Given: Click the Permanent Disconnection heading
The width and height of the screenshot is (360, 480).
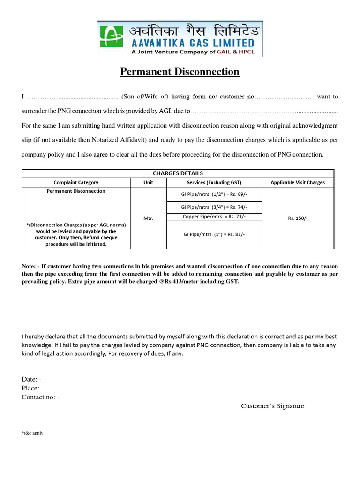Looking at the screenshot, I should pyautogui.click(x=180, y=72).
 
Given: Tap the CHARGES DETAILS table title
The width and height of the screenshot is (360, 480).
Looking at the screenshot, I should pyautogui.click(x=178, y=173).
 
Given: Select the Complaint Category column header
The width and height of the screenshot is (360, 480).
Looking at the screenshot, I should pyautogui.click(x=76, y=182).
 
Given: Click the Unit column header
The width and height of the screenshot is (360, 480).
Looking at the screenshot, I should pyautogui.click(x=149, y=182).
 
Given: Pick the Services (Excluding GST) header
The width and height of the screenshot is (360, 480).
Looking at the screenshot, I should pyautogui.click(x=214, y=182).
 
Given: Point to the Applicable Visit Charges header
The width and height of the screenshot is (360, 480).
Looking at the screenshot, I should pyautogui.click(x=298, y=182).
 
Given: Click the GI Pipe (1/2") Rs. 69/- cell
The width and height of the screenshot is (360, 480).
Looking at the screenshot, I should pyautogui.click(x=214, y=194).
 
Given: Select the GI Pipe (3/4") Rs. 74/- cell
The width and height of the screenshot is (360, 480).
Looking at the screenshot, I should pyautogui.click(x=214, y=207).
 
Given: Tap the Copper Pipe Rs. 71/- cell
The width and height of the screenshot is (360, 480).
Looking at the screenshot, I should pyautogui.click(x=214, y=216).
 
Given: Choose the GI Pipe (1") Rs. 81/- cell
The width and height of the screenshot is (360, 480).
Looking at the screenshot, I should pyautogui.click(x=214, y=234).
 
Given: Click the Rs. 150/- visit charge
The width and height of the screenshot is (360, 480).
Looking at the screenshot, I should pyautogui.click(x=298, y=218).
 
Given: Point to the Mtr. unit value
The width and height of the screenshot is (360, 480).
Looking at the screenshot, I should pyautogui.click(x=149, y=218).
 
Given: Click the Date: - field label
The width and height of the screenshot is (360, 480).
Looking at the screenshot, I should pyautogui.click(x=32, y=379).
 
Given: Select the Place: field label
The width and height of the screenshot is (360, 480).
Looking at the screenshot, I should pyautogui.click(x=30, y=388).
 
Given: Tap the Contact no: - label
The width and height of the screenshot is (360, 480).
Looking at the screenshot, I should pyautogui.click(x=40, y=397).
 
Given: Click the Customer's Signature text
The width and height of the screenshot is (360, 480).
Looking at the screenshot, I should pyautogui.click(x=272, y=406).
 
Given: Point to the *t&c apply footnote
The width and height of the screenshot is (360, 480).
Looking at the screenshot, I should pyautogui.click(x=32, y=433).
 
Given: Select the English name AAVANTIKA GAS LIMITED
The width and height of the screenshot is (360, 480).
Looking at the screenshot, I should pyautogui.click(x=191, y=43).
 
